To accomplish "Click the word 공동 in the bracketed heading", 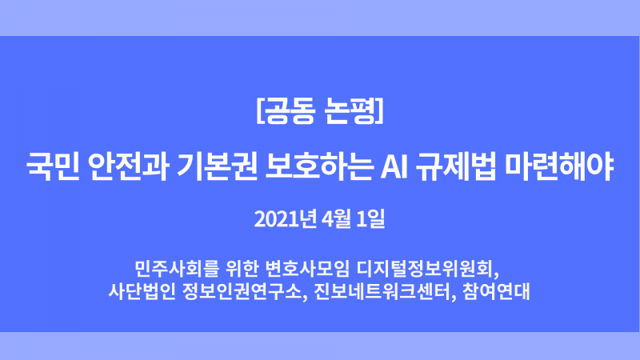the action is tap(290, 110).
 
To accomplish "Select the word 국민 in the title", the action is tap(53, 166).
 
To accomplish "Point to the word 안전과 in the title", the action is tap(129, 166).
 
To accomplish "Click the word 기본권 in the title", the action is tap(217, 166).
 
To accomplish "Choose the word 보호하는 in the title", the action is tap(319, 166).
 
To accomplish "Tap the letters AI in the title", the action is tap(394, 167).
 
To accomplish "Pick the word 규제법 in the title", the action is tap(456, 166).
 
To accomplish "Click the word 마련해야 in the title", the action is tap(559, 166).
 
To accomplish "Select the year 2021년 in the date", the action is tap(286, 219).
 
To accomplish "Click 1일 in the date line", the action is tap(370, 219).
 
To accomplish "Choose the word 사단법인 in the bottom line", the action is tap(142, 291).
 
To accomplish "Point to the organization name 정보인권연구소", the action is tap(242, 291).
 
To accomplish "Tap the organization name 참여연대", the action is tap(496, 291).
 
